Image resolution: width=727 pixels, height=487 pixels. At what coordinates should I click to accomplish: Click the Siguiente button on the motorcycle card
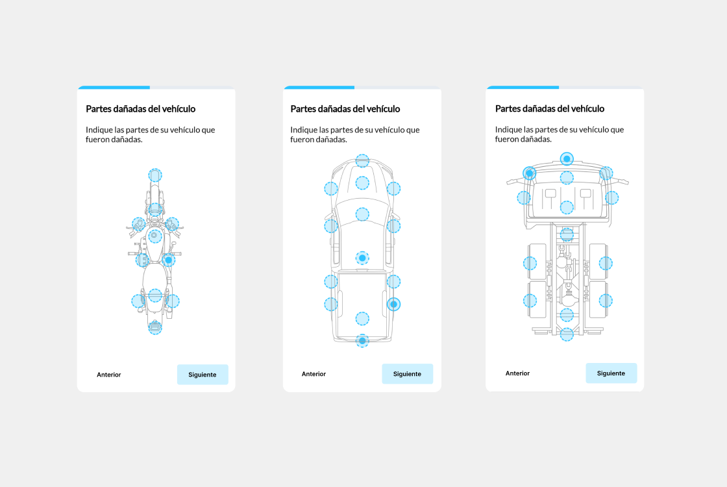pos(203,374)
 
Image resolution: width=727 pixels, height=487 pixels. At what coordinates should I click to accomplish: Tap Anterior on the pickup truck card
pos(314,374)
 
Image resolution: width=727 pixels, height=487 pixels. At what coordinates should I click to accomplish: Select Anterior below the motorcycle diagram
pos(109,375)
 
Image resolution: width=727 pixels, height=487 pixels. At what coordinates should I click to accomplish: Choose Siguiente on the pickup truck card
pos(408,374)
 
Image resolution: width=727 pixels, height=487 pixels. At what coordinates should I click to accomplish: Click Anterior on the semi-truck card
pos(517,373)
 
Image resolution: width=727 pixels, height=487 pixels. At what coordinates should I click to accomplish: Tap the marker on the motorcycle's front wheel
pos(155,175)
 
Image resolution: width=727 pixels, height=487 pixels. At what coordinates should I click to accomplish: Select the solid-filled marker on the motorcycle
pos(169,260)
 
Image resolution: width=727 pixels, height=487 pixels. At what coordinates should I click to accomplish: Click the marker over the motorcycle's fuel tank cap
pos(155,236)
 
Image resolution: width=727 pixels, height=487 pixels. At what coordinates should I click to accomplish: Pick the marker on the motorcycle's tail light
pos(155,327)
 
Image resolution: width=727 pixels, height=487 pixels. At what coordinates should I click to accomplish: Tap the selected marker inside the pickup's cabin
pos(363,258)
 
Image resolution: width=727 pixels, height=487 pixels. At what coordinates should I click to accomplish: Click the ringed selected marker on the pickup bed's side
pos(393,305)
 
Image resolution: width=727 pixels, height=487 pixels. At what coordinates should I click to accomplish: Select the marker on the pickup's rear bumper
pos(363,341)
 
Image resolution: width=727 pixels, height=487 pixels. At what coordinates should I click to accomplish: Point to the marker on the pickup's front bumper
pos(363,161)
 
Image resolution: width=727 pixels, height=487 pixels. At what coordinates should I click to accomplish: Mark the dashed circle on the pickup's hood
pos(363,182)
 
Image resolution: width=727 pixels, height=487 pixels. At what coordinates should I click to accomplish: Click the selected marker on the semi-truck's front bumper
pos(567,158)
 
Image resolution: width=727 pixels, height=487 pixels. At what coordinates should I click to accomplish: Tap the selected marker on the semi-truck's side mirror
pos(530,173)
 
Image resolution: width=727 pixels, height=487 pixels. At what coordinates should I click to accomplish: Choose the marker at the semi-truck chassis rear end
pos(567,334)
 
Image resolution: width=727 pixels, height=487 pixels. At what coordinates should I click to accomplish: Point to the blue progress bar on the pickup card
pos(319,87)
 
